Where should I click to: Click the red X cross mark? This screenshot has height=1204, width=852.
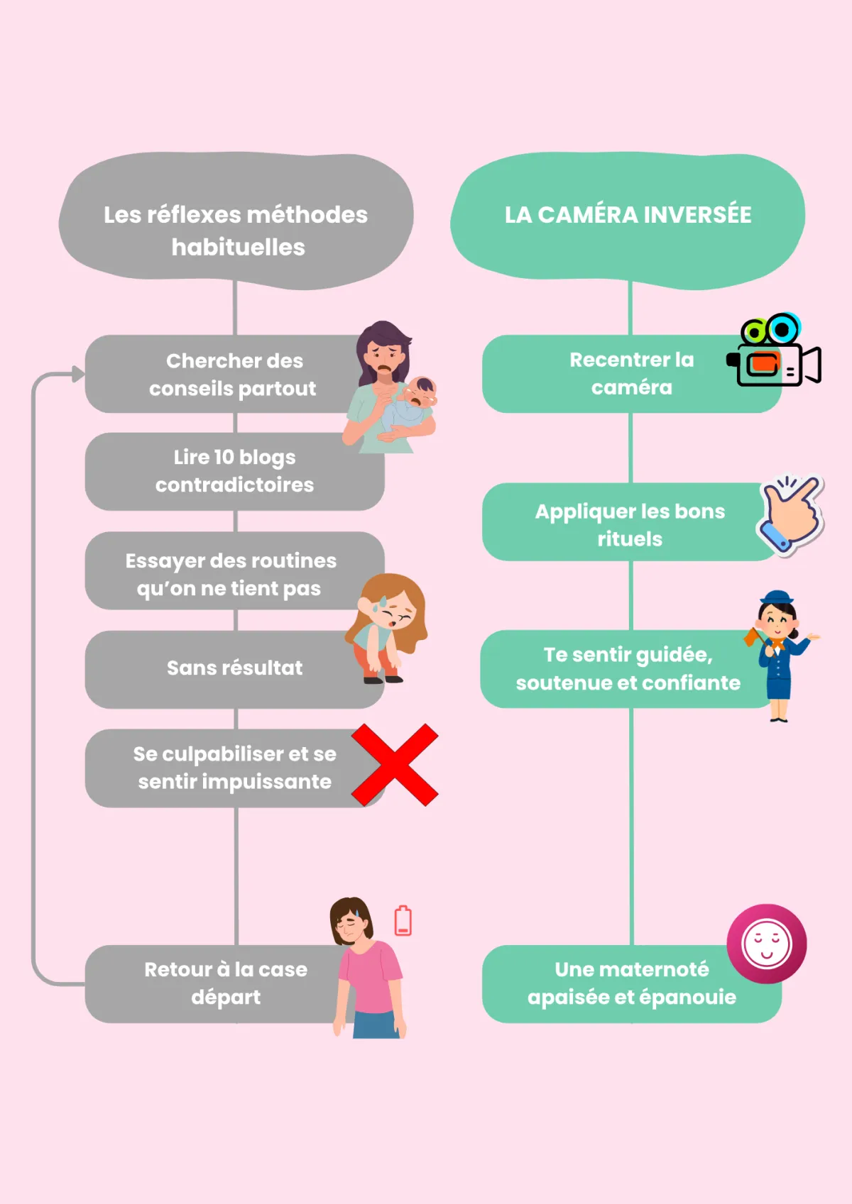pyautogui.click(x=395, y=765)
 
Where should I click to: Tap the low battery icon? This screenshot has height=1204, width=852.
pyautogui.click(x=403, y=921)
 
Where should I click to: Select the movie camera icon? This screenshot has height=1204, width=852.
pyautogui.click(x=774, y=352)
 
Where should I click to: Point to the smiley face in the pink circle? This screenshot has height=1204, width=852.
pyautogui.click(x=766, y=944)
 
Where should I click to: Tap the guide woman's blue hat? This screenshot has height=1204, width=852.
pyautogui.click(x=778, y=596)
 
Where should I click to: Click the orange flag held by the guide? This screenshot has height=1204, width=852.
pyautogui.click(x=752, y=637)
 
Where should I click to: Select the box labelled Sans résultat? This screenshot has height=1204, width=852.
pyautogui.click(x=234, y=668)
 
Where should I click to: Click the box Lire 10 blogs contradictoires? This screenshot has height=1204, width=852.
pyautogui.click(x=234, y=471)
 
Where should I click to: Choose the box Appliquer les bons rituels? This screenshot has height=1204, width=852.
pyautogui.click(x=629, y=524)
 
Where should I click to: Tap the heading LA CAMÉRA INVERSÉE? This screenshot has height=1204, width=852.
pyautogui.click(x=628, y=215)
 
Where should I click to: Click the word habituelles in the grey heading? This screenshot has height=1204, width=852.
pyautogui.click(x=239, y=248)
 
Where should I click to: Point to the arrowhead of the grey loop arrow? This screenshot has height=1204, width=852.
pyautogui.click(x=77, y=374)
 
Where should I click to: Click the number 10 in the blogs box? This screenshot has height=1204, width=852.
pyautogui.click(x=224, y=458)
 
